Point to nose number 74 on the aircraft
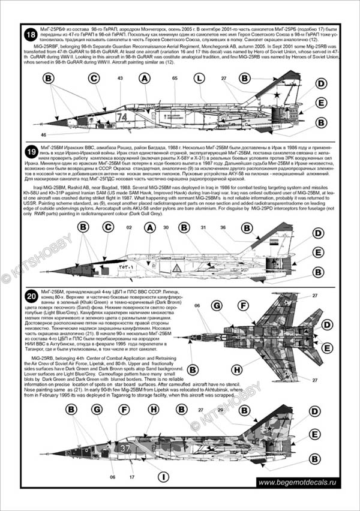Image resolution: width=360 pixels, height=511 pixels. (122, 117)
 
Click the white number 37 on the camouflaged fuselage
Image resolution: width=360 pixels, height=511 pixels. (122, 447)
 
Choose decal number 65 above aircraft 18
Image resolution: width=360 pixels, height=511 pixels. (174, 79)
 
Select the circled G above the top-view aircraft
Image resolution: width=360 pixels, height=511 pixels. (215, 306)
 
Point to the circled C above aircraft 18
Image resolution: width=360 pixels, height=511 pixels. (93, 79)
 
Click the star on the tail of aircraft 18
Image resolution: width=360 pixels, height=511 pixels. (278, 94)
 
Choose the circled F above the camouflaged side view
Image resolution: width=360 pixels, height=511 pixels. (123, 409)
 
